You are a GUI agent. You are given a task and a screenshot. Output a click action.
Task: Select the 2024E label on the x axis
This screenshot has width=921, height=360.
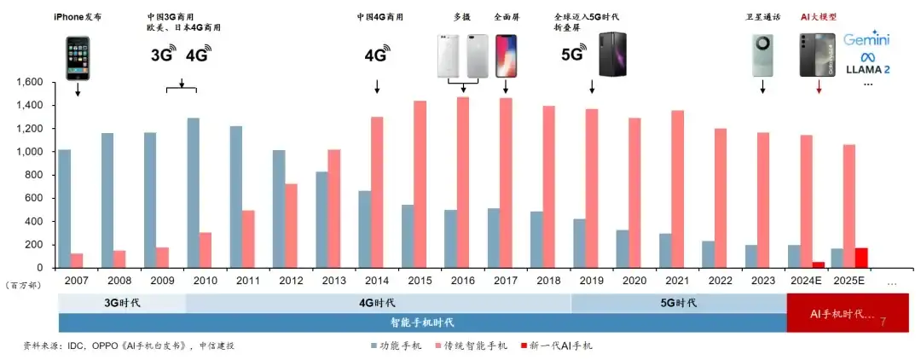pos(807,280)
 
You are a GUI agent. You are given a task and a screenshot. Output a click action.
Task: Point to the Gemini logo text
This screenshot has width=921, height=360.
pos(867,40)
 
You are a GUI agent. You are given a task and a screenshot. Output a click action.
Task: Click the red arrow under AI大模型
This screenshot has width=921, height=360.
pos(819,87)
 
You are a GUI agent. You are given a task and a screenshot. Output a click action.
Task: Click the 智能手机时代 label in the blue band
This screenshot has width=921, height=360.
pos(422,322)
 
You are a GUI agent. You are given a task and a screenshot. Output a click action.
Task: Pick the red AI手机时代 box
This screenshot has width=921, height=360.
pos(848,313)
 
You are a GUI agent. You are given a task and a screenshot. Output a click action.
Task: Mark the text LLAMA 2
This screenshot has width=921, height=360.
pos(867,69)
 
